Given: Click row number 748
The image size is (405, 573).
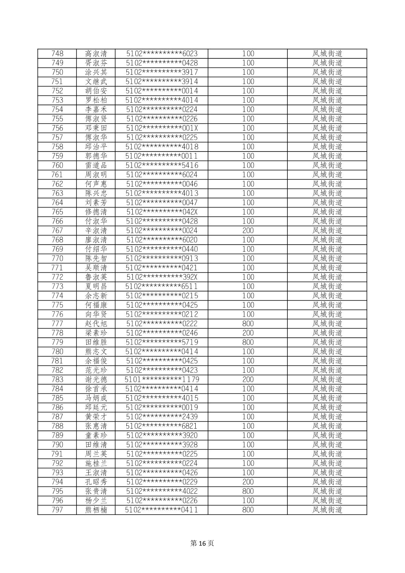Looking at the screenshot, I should click(x=57, y=54).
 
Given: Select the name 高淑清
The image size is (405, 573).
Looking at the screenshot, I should click(x=96, y=54).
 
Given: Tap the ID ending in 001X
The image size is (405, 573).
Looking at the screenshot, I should click(x=162, y=128).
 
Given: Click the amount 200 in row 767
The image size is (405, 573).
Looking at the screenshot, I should click(x=248, y=230).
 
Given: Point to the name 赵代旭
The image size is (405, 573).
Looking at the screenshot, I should click(x=96, y=323).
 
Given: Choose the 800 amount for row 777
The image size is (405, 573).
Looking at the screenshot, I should click(x=248, y=323).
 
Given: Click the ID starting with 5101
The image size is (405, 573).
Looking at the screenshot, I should click(x=162, y=379).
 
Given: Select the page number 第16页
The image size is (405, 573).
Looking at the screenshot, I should click(x=202, y=543).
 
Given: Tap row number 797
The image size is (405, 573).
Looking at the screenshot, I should click(x=57, y=510).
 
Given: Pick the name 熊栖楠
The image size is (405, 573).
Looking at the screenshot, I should click(x=96, y=510).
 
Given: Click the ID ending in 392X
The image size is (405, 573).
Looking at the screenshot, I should click(x=162, y=277).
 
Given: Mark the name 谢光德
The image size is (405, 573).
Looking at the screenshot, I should click(x=96, y=379).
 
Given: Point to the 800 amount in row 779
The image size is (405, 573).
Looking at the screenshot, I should click(x=248, y=342).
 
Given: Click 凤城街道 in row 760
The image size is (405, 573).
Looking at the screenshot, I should click(x=327, y=165).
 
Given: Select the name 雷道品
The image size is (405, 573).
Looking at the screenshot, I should click(x=96, y=165).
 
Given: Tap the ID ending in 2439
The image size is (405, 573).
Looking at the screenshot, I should click(x=162, y=417).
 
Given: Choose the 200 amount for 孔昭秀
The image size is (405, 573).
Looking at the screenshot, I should click(x=248, y=482).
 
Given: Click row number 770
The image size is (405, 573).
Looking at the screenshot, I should click(x=57, y=258).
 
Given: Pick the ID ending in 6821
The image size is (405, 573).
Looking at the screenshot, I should click(x=162, y=426).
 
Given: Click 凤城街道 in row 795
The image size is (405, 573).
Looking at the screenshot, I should click(x=327, y=491).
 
